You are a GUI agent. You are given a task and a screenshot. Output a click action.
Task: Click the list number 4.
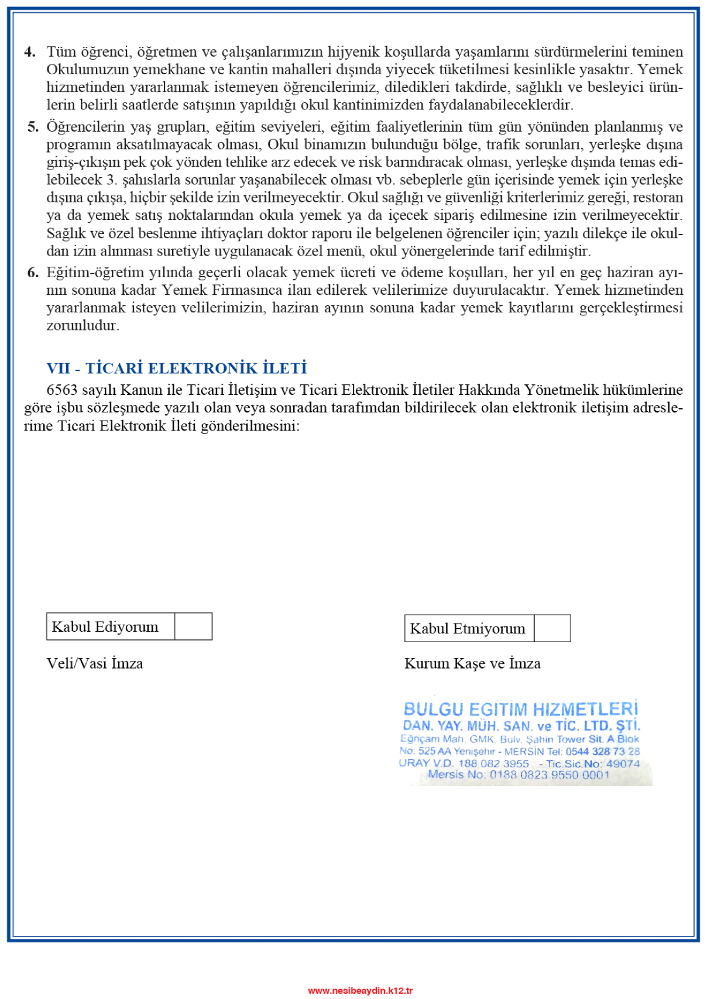29,52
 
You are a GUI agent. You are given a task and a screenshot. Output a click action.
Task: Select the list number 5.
33,127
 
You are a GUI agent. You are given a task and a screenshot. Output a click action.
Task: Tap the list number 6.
33,273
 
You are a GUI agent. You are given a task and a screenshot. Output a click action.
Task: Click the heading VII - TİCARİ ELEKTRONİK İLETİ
177,368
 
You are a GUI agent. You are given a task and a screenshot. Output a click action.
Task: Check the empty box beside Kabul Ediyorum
193,626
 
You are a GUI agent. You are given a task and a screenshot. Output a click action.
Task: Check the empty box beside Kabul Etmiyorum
552,628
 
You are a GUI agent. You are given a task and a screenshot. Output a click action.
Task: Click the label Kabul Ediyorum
105,627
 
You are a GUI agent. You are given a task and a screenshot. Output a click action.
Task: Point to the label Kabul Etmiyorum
468,629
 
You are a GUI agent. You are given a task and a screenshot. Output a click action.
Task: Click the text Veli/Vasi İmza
95,663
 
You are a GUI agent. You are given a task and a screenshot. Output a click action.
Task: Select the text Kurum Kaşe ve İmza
472,663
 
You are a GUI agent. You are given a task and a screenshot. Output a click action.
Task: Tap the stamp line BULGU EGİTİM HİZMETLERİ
521,709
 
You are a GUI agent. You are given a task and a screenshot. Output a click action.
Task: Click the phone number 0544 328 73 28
602,752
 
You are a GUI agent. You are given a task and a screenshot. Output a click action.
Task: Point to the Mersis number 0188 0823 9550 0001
550,775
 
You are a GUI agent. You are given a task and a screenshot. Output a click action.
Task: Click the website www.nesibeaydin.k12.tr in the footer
360,990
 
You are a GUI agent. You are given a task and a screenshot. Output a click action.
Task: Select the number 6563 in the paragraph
63,390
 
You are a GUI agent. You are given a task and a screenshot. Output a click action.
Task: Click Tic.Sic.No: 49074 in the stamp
593,764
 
